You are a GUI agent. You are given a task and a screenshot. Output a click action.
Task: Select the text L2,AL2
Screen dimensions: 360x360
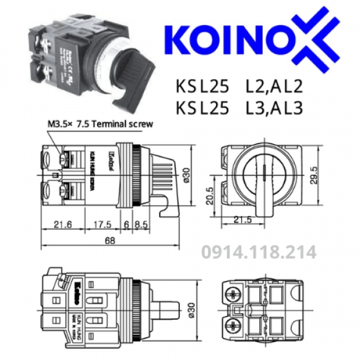[x=273, y=87]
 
